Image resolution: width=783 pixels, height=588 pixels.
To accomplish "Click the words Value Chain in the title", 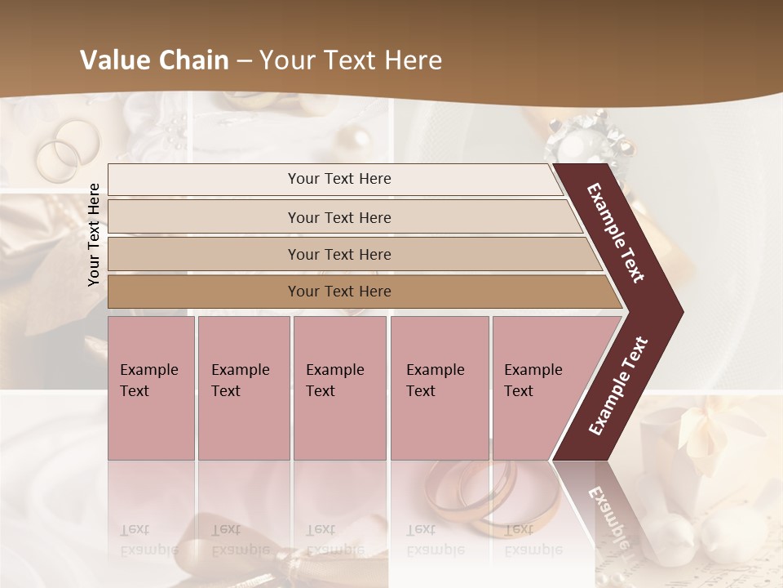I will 154,60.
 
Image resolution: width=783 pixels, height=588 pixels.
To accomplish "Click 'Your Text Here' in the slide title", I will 351,60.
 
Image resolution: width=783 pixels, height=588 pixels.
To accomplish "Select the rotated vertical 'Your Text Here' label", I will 95,234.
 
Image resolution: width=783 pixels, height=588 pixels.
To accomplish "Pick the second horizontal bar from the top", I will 339,217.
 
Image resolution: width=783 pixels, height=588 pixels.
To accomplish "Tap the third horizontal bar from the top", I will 339,254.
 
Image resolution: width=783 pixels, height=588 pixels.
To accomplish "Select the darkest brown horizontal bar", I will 339,292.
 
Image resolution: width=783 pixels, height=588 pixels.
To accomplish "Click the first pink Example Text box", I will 151,388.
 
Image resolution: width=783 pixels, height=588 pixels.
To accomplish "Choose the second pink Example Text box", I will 243,388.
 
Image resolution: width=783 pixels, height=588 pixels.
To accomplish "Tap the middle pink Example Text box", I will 339,388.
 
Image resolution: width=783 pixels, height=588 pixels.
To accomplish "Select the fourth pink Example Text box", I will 439,388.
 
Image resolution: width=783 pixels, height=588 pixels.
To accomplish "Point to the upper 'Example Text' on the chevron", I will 616,233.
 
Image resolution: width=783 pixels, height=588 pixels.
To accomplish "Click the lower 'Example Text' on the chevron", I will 619,385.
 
